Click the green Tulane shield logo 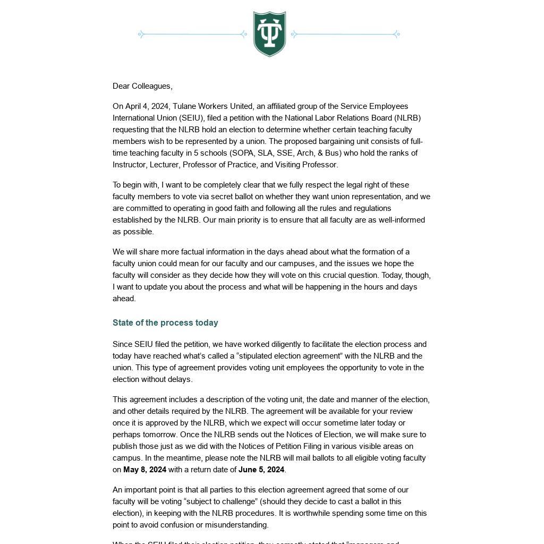(x=269, y=33)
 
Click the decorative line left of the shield (x=192, y=35)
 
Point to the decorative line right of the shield (x=345, y=35)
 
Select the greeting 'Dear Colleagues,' (x=142, y=86)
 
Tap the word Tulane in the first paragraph (x=185, y=106)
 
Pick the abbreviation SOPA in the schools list (x=242, y=153)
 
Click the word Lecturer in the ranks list (x=164, y=165)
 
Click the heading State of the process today (x=165, y=322)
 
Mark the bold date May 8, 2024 (x=144, y=470)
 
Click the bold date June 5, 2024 (x=261, y=470)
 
